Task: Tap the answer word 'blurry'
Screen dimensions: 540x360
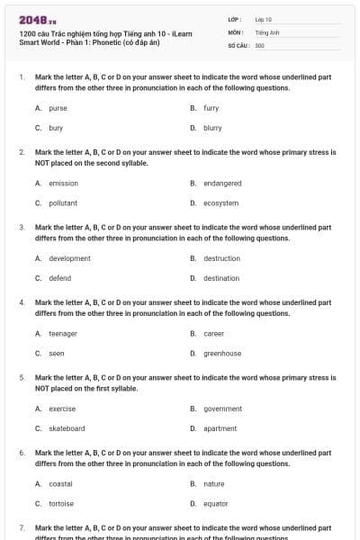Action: (x=212, y=128)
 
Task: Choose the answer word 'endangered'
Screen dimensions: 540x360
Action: (x=222, y=183)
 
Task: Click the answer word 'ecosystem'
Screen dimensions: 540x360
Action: (x=221, y=203)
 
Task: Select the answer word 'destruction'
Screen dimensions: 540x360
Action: (x=221, y=258)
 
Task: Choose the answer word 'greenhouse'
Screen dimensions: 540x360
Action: (x=222, y=354)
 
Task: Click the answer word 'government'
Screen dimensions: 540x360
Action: (x=222, y=409)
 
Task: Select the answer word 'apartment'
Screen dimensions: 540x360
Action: (x=220, y=428)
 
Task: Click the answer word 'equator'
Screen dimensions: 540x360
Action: (x=216, y=504)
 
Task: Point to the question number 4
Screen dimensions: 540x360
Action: (x=22, y=302)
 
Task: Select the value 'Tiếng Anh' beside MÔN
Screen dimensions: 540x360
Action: (x=264, y=31)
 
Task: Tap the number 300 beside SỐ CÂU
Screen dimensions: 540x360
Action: (x=259, y=45)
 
